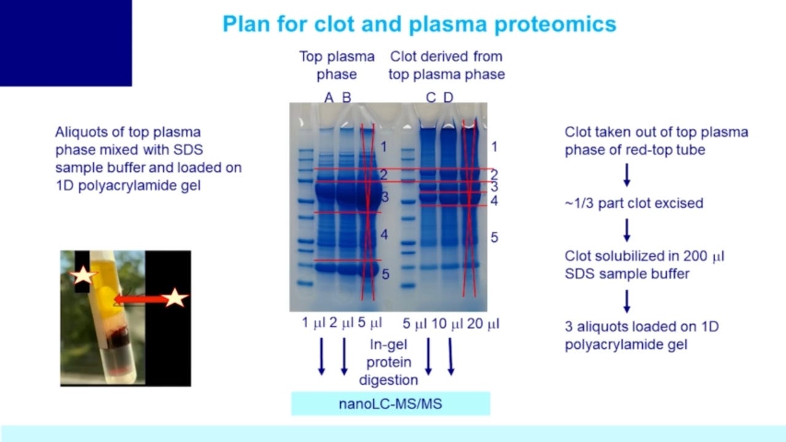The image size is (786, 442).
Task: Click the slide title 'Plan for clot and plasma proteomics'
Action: (419, 24)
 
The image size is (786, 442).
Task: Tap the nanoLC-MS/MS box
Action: (390, 403)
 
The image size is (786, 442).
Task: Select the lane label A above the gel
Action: (329, 98)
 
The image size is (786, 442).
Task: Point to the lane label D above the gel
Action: (448, 98)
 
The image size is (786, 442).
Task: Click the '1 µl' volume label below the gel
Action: (313, 323)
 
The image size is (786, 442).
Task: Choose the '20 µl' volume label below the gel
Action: (483, 323)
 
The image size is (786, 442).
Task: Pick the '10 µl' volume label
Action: (448, 323)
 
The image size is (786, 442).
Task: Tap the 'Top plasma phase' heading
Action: (337, 65)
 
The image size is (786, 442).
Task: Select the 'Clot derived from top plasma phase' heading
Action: (446, 65)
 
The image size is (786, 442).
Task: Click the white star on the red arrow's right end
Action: (174, 298)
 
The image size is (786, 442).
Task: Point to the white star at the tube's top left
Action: (82, 276)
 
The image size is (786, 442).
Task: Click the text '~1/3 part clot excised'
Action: (634, 203)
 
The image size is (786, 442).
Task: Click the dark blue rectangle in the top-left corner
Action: (66, 42)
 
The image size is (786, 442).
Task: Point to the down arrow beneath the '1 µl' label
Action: (321, 356)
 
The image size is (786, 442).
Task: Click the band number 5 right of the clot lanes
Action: (494, 237)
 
